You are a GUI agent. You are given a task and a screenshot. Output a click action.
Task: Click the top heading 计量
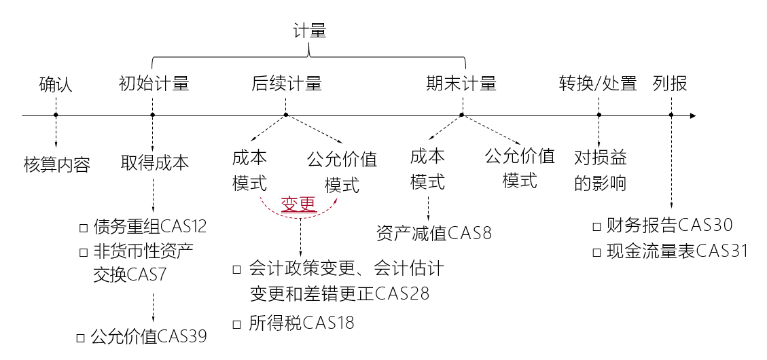pyautogui.click(x=310, y=31)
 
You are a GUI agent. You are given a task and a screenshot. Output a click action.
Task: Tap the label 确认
pyautogui.click(x=56, y=84)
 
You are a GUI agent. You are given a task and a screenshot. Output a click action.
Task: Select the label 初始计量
pyautogui.click(x=154, y=84)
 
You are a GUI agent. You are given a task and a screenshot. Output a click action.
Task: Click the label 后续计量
pyautogui.click(x=286, y=84)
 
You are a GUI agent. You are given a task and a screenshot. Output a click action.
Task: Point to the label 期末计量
pyautogui.click(x=461, y=84)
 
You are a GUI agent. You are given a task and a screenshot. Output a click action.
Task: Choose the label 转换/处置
pyautogui.click(x=598, y=84)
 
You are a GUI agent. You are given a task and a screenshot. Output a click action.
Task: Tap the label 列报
pyautogui.click(x=670, y=84)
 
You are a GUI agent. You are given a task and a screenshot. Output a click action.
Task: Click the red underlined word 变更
pyautogui.click(x=299, y=204)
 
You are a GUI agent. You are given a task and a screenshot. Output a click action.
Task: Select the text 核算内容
pyautogui.click(x=56, y=165)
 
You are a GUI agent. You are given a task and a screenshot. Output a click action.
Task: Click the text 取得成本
pyautogui.click(x=155, y=163)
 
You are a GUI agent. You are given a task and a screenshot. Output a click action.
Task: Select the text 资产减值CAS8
pyautogui.click(x=433, y=234)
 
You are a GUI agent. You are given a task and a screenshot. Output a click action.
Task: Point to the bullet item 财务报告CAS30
pyautogui.click(x=671, y=225)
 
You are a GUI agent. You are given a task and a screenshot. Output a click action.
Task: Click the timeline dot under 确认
pyautogui.click(x=56, y=115)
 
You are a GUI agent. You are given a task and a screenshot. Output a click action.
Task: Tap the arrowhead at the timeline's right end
pyautogui.click(x=692, y=115)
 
